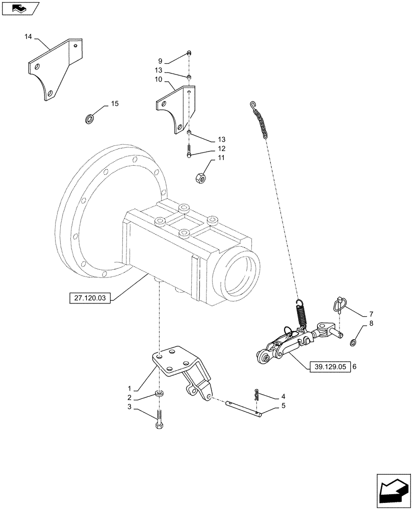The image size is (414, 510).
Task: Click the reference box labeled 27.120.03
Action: [x=89, y=298]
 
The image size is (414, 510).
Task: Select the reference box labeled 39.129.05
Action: [x=330, y=367]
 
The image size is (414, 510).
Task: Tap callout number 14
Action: [x=28, y=37]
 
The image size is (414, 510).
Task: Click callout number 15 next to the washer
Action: [x=114, y=104]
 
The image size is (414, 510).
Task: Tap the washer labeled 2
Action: [x=160, y=394]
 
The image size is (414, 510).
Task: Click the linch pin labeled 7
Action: [x=339, y=304]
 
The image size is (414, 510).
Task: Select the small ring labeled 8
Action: [x=353, y=342]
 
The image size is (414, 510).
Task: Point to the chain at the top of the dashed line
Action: [x=260, y=120]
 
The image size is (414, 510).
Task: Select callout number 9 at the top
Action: [x=160, y=61]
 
